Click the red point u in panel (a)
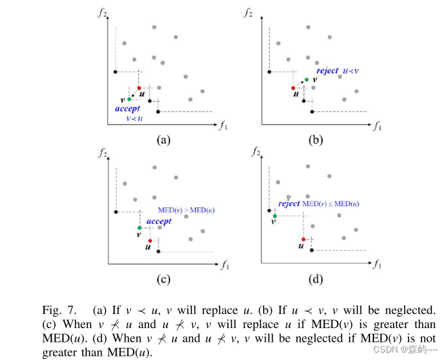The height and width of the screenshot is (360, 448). click(139, 88)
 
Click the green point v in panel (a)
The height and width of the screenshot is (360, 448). click(129, 99)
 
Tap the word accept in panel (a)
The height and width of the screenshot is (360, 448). click(127, 108)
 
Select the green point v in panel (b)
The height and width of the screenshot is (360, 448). click(306, 79)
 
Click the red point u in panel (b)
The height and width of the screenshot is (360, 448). click(293, 88)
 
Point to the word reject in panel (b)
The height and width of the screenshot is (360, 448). click(327, 71)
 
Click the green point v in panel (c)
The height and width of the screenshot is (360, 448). click(139, 228)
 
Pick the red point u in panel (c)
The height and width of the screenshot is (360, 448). click(150, 240)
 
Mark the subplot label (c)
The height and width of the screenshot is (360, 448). click(163, 278)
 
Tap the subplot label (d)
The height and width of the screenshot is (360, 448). click(315, 278)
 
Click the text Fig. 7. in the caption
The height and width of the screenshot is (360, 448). click(59, 310)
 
